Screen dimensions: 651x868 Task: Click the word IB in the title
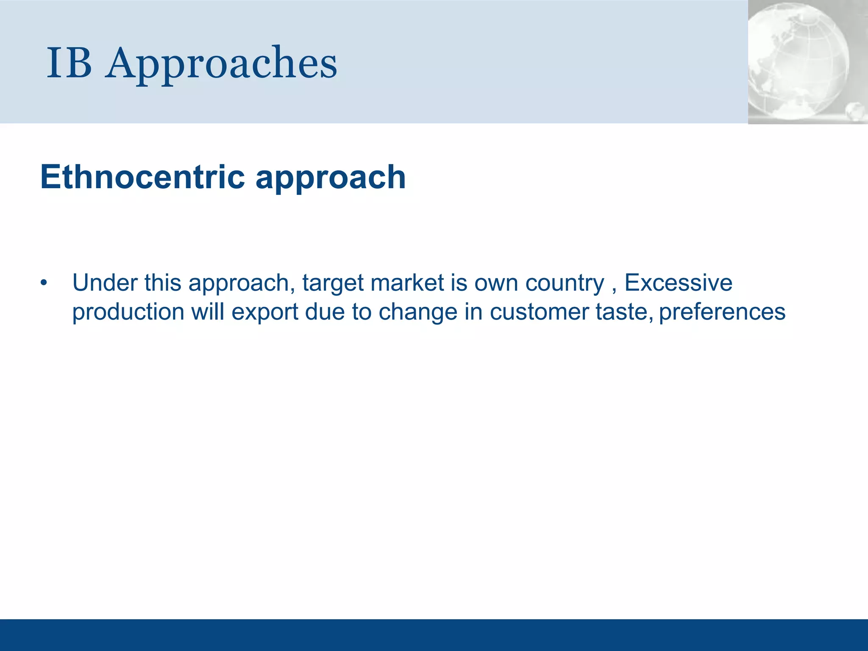click(x=69, y=64)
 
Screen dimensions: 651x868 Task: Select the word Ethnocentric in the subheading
click(x=142, y=177)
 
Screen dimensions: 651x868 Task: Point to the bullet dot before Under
click(x=44, y=283)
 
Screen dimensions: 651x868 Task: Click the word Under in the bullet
click(x=105, y=283)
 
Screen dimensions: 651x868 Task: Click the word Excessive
click(x=678, y=283)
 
